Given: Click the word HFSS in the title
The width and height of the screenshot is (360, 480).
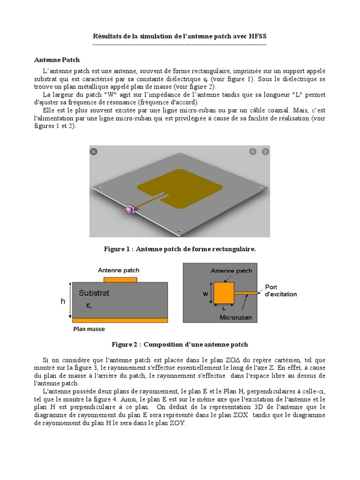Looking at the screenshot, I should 258,36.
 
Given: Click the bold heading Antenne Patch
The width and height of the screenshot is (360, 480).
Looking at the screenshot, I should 57,60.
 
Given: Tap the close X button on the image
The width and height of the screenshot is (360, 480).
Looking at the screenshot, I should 94,151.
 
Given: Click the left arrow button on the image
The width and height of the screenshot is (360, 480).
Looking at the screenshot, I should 253,151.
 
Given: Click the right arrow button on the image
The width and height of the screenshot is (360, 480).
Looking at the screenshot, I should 265,151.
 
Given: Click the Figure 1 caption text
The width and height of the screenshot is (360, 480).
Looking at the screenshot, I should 180,249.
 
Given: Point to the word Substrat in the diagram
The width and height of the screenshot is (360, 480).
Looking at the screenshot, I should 94,293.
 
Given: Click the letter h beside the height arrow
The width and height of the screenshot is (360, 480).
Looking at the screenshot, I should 63,301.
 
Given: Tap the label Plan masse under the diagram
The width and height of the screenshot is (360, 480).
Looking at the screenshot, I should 89,329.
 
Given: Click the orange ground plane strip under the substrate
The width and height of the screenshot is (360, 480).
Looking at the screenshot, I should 120,320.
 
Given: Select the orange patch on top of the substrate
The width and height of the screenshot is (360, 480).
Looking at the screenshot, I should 120,279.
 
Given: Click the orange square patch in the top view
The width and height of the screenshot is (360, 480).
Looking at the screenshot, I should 224,293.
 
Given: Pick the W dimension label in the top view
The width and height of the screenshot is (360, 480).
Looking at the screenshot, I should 205,294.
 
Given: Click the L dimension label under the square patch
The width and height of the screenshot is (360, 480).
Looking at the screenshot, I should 224,309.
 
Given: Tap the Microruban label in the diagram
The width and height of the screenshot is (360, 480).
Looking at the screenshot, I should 236,318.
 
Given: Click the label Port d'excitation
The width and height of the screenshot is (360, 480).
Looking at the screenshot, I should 280,291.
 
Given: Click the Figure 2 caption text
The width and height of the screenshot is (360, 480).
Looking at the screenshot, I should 180,345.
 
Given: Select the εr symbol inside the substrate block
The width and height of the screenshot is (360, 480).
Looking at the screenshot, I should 89,306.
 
